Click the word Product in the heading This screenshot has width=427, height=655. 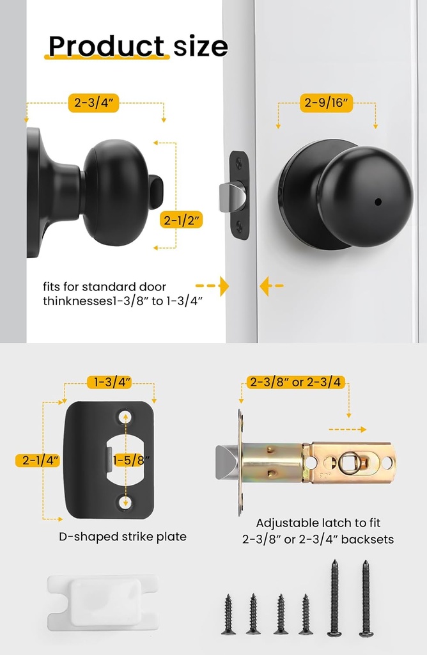106,46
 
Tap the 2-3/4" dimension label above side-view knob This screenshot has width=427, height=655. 93,103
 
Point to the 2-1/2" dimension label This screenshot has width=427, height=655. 181,221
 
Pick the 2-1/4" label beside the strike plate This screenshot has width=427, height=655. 38,460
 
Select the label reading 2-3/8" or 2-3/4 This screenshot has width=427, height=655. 295,383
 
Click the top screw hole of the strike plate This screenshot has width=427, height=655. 125,416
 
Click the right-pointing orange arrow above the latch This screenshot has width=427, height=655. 349,429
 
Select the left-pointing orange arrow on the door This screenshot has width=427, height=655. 271,286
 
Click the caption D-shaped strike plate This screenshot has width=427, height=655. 123,537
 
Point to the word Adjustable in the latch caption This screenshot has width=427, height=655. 286,523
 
